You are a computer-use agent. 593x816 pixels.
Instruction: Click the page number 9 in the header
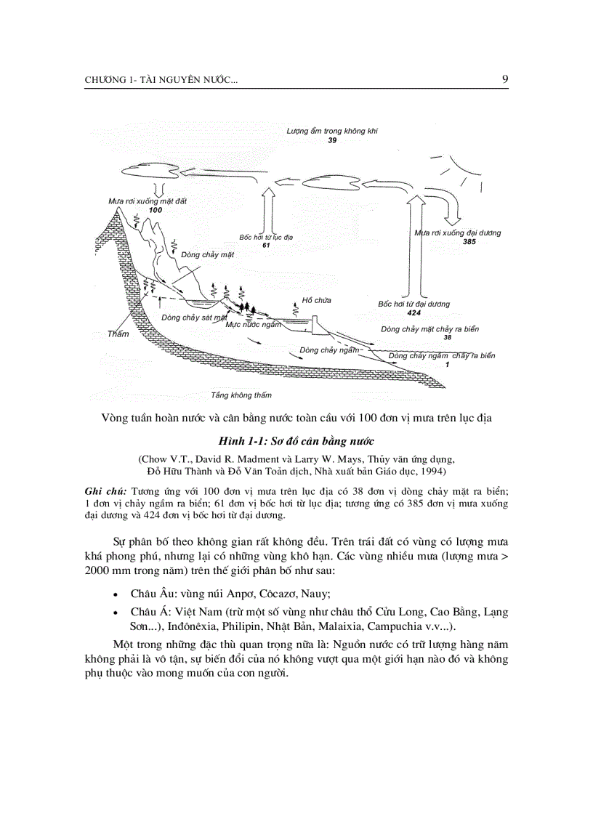coord(504,79)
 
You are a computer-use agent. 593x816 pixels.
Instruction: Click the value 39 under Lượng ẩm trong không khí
coord(331,140)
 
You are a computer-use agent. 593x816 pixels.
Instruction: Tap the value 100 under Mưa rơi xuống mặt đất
coord(156,210)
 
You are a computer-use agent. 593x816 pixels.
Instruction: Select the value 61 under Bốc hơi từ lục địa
coord(266,246)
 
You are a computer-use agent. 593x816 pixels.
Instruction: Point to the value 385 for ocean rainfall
coord(469,242)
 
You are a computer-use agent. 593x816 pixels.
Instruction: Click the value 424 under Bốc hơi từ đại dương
coord(414,312)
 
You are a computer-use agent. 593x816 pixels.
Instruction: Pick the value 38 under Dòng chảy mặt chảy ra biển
coord(448,338)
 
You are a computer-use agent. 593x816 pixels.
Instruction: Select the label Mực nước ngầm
coord(253,325)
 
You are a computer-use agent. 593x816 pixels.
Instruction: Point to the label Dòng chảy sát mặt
coord(195,318)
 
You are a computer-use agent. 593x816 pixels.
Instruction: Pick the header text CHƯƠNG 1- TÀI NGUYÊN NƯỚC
coord(161,80)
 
